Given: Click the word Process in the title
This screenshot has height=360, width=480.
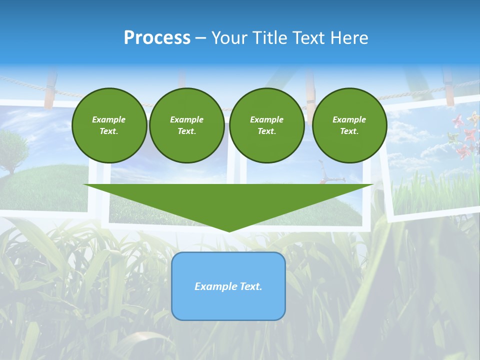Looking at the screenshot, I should [x=157, y=38].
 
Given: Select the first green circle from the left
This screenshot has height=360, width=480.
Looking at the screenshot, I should [x=109, y=125].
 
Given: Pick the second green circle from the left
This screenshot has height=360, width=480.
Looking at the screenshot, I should [x=186, y=125].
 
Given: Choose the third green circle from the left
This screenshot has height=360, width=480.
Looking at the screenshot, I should [x=266, y=125].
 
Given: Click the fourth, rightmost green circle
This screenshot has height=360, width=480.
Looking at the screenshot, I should [x=349, y=125].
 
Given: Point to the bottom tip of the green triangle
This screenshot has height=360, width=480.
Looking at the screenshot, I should [x=229, y=231].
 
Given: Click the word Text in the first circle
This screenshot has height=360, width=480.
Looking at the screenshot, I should [x=109, y=131].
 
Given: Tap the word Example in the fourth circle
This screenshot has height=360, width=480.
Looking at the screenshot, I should [x=349, y=119].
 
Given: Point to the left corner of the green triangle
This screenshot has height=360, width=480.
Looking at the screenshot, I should [x=85, y=185].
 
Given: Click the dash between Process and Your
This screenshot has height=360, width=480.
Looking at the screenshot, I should [x=200, y=38].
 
